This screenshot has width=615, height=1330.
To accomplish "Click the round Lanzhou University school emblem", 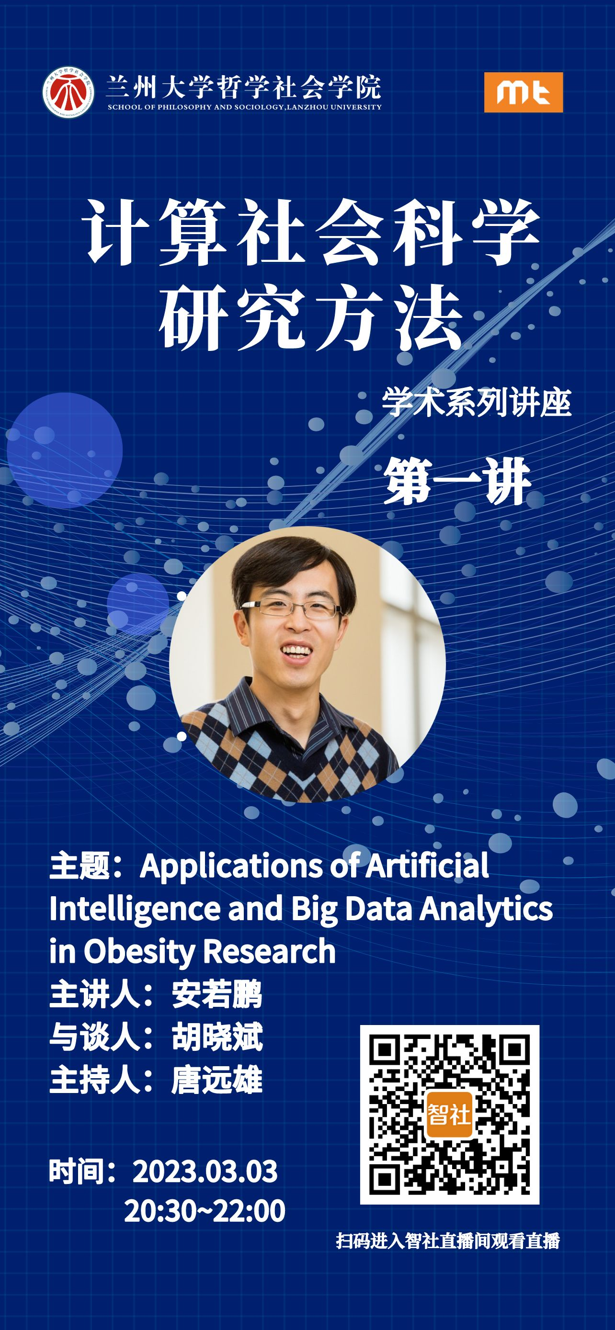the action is coord(68,92).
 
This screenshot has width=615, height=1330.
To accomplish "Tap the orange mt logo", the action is coord(523,92).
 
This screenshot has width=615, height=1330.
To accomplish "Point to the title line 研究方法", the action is coord(310,318).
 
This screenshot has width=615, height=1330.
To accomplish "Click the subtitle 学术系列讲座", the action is coord(476,402).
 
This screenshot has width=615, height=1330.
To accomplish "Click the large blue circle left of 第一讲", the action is coord(65,450).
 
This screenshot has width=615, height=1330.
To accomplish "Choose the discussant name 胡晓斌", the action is coord(217,1037).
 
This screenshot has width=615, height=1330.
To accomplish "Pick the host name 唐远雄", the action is coord(217,1081).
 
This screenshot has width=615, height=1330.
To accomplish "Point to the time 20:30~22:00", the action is coord(205,1211).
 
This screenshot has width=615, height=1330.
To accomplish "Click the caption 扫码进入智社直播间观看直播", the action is coord(448,1251).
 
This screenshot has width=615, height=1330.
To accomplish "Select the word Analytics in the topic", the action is coord(485,910).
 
